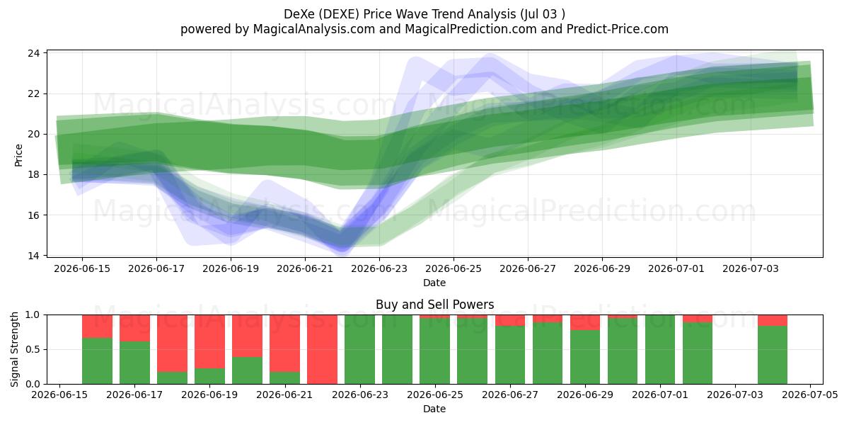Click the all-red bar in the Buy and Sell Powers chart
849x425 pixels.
322,349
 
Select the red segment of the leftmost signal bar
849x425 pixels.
98,327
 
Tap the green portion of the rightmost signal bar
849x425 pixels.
773,355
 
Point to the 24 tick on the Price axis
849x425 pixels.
34,53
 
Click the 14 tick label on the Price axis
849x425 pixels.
34,256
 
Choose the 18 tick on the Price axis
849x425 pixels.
34,174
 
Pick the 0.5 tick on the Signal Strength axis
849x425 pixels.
32,349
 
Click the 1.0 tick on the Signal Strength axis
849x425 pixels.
32,314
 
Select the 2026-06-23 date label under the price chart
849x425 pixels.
379,268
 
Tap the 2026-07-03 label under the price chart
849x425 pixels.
751,268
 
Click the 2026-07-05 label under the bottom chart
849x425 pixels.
810,395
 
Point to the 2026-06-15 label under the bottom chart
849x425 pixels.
59,395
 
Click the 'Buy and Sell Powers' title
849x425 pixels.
434,305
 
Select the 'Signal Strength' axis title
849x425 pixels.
14,349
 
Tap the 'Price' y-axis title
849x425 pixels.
18,155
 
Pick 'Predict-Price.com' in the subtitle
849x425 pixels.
618,29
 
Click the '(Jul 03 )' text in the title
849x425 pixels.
543,14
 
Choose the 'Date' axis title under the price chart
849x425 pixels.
434,283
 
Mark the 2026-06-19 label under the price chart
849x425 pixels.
231,268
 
